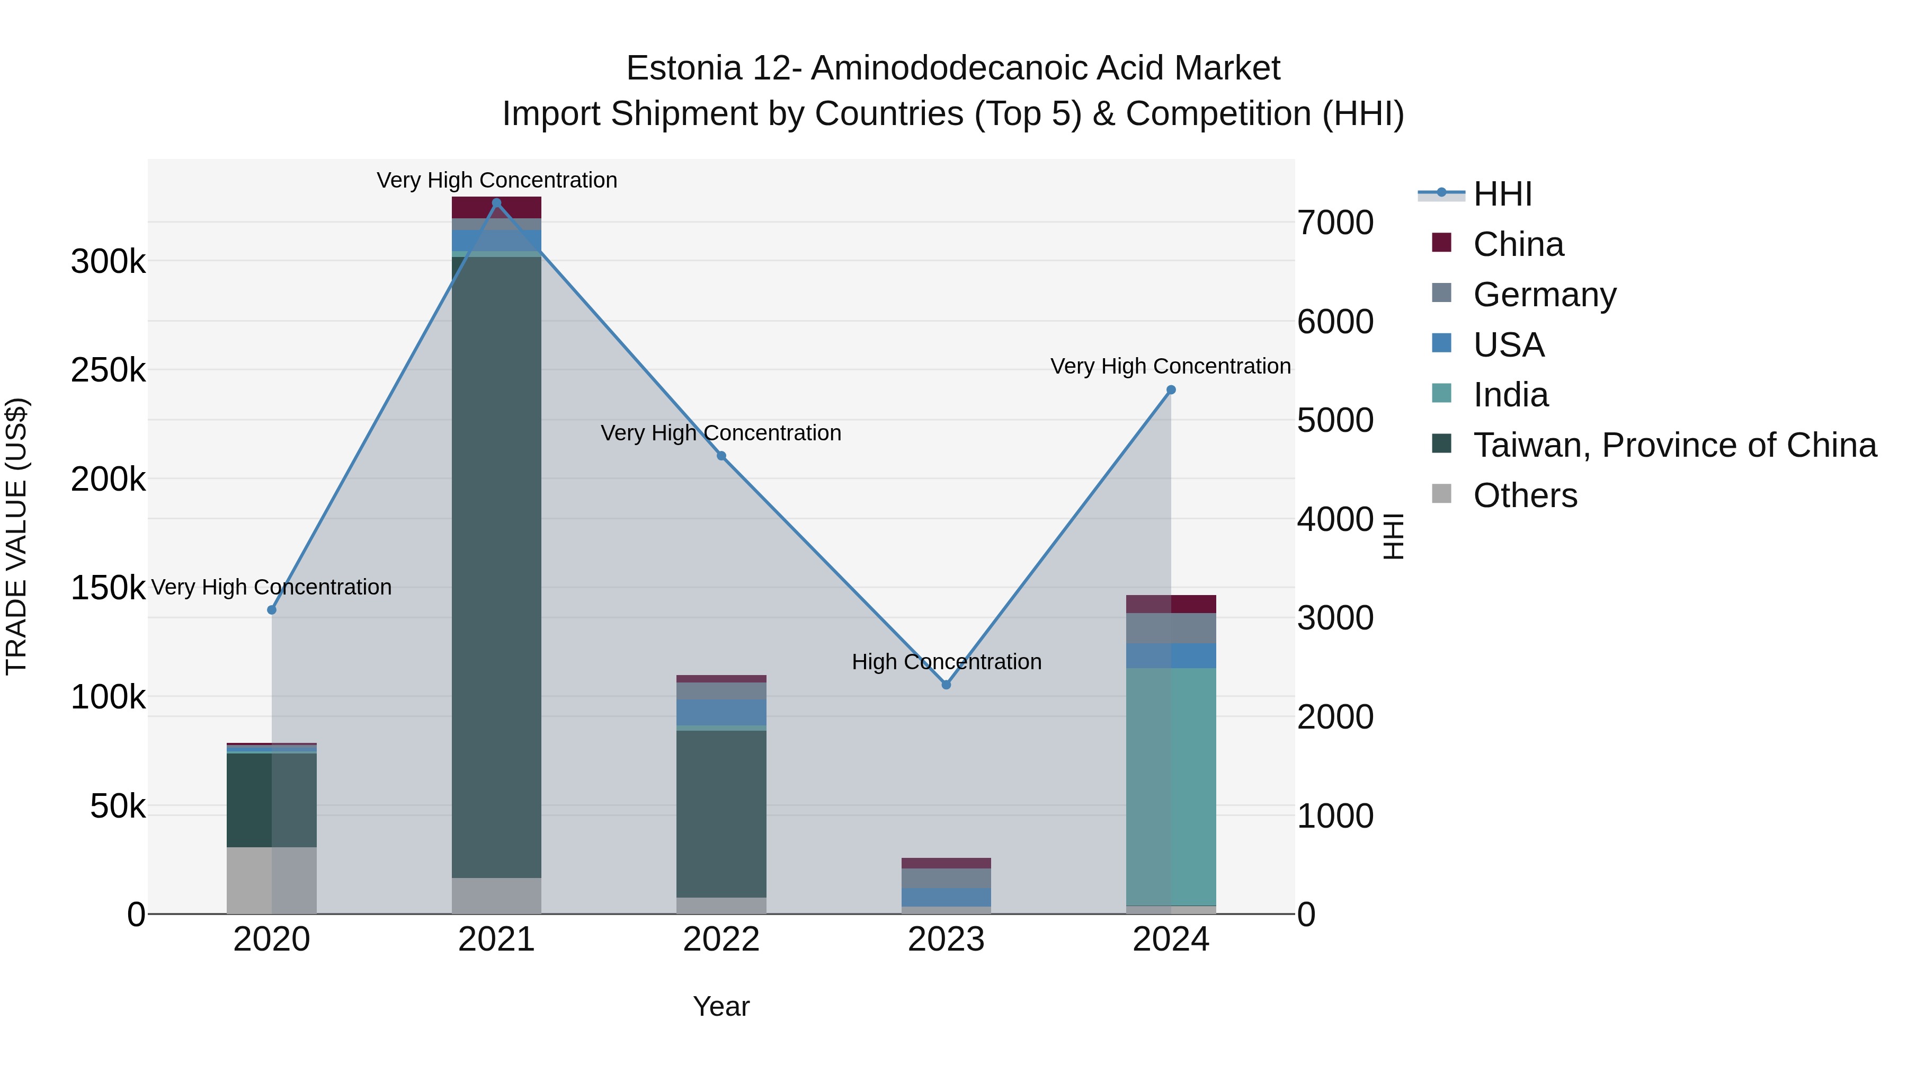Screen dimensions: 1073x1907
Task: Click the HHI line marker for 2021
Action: (496, 203)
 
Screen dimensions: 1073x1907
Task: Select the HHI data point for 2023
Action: (946, 685)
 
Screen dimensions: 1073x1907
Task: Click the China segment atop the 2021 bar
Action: (496, 207)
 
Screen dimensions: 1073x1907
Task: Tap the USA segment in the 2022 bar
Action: (721, 712)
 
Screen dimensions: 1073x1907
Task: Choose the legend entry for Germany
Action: (1544, 295)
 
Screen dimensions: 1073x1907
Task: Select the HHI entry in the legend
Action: (1501, 194)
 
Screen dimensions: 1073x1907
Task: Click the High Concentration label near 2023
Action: (946, 661)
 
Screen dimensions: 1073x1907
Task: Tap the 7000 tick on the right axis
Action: (1335, 223)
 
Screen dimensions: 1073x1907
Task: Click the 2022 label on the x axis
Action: (721, 939)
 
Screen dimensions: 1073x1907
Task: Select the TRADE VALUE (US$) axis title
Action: (16, 536)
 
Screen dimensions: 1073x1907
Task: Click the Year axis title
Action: (721, 1006)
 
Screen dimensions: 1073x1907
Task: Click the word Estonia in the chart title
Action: (683, 68)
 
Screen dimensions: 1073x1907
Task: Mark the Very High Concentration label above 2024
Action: (1170, 366)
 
